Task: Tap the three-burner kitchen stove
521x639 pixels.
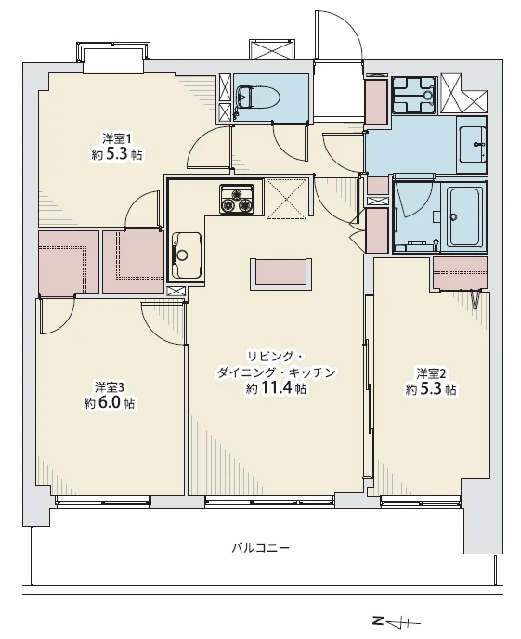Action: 237,199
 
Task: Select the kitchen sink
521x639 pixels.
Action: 186,255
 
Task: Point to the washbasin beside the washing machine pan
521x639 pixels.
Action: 472,144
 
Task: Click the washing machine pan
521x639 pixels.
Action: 415,95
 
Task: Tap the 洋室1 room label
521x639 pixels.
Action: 116,138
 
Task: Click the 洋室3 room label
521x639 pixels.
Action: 110,386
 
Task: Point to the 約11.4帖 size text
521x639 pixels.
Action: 276,388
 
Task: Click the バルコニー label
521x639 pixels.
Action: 260,547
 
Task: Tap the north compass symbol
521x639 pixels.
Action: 397,622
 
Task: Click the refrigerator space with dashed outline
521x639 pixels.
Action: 286,199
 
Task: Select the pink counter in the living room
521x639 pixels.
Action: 280,273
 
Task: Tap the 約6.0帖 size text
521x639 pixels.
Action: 110,403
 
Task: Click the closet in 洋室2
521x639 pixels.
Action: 460,273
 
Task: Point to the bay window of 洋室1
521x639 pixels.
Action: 112,57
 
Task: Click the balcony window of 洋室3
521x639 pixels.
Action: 103,502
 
